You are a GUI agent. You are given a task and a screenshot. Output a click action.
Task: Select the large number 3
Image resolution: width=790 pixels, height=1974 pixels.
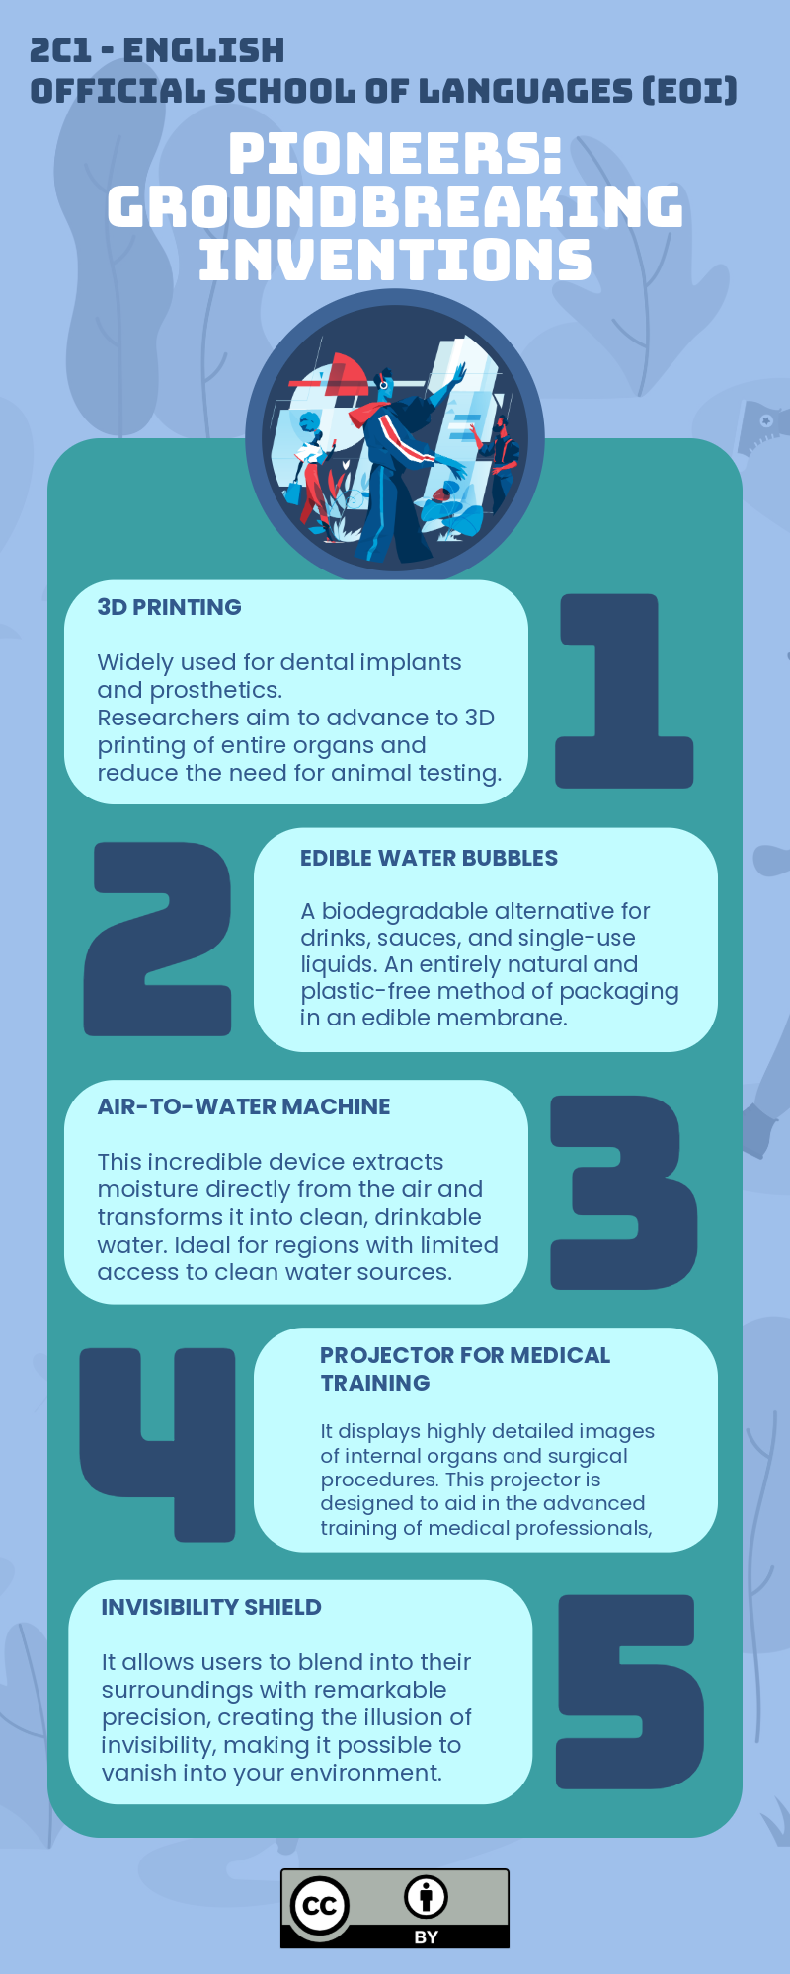coord(624,1191)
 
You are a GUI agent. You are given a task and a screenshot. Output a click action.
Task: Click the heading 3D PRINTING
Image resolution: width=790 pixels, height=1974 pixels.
coord(169,607)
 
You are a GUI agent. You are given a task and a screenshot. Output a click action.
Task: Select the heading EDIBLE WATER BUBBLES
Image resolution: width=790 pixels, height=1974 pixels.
coord(429,858)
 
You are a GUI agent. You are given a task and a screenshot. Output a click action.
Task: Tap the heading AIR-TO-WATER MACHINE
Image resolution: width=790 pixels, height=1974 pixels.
coord(244,1106)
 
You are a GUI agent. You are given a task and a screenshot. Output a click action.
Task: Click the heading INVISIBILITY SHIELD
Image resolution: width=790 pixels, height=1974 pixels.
coord(211,1607)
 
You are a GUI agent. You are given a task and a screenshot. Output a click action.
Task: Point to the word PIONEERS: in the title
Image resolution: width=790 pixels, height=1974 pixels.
coord(395,154)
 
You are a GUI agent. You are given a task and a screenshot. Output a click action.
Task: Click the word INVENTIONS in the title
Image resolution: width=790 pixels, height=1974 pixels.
coord(395,261)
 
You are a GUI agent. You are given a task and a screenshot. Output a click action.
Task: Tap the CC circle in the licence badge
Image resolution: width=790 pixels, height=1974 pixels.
coord(319,1905)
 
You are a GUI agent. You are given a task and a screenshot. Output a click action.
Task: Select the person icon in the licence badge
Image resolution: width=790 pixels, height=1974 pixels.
coord(427,1896)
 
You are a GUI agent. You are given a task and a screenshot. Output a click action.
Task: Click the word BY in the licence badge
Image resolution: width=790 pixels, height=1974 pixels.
coord(427,1936)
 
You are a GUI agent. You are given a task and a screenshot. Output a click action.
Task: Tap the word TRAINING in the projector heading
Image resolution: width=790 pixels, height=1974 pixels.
coord(375,1383)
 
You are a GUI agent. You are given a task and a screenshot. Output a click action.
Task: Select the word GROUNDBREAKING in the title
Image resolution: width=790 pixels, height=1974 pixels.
coord(395,207)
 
